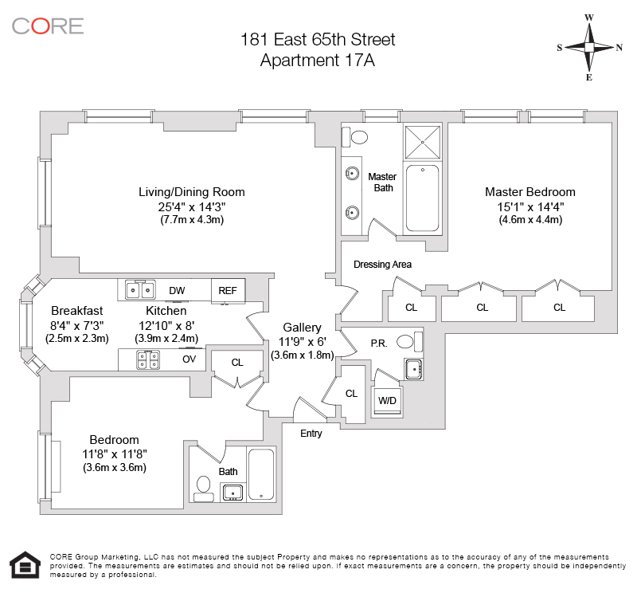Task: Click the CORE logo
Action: (48, 26)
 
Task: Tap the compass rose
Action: (589, 47)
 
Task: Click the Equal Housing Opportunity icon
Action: (25, 565)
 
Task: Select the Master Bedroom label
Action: (530, 192)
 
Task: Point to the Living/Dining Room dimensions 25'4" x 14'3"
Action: (192, 206)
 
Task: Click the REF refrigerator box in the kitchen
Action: (228, 291)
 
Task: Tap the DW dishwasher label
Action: (177, 290)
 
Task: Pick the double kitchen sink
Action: (140, 290)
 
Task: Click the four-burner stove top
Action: (148, 360)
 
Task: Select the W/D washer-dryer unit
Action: (387, 401)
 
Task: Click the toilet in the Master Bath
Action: (354, 137)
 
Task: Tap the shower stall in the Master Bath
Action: (423, 143)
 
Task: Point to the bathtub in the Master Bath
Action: (423, 198)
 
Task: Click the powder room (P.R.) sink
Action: (414, 369)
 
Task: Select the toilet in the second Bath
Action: (203, 489)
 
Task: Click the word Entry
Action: (311, 434)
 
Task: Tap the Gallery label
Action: (302, 328)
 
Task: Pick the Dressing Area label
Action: (382, 265)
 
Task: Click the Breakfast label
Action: (76, 311)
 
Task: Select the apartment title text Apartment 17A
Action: (317, 61)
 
